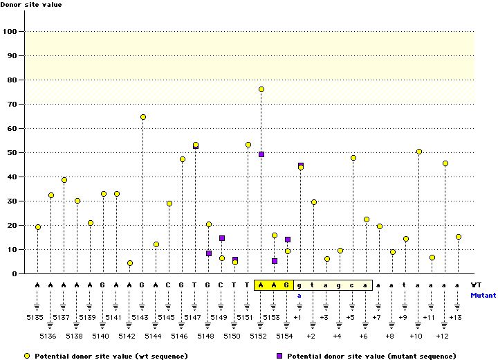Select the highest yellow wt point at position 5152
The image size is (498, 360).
(x=261, y=89)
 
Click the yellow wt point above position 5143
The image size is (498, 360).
(x=143, y=117)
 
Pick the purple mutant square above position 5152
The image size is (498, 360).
(x=261, y=154)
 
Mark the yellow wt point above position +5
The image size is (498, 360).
(x=353, y=158)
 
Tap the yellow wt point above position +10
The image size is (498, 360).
(x=419, y=152)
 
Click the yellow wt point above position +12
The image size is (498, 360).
(x=445, y=163)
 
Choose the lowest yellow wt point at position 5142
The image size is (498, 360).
(x=130, y=263)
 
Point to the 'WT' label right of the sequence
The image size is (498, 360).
(x=477, y=285)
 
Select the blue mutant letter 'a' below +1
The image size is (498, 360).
(x=300, y=295)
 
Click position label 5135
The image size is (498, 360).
(x=35, y=317)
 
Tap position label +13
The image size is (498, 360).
(x=455, y=317)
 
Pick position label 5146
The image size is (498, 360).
(x=179, y=336)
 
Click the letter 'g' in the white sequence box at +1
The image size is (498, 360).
(x=300, y=285)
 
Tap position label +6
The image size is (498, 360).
(x=364, y=336)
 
